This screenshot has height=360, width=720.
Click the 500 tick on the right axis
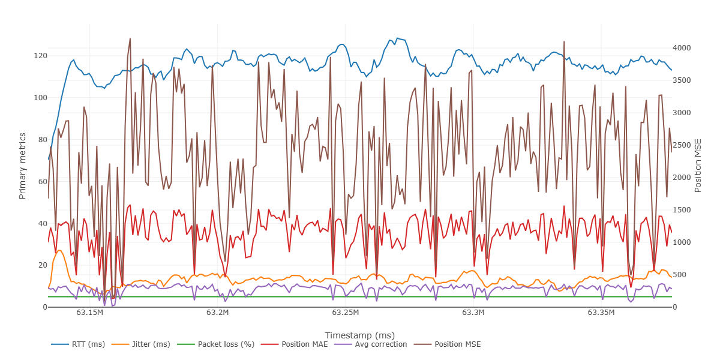click(x=682, y=275)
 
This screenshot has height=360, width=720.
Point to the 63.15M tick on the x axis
click(x=89, y=313)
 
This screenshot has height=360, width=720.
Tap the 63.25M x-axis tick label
click(x=345, y=313)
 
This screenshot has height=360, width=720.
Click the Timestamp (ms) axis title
click(x=359, y=335)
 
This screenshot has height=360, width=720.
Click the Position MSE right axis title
click(x=698, y=165)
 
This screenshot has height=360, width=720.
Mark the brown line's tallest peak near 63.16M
click(x=130, y=39)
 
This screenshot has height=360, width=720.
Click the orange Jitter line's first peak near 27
click(x=59, y=250)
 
